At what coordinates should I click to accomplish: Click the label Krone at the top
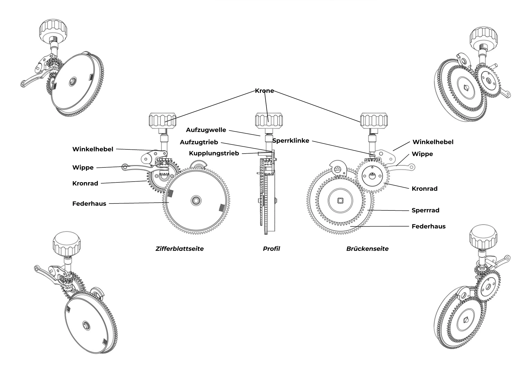point(264,91)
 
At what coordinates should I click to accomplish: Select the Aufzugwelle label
point(206,130)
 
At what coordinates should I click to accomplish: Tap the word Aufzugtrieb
point(199,142)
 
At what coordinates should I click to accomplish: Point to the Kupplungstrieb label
point(214,153)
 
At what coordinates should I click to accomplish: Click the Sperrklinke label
point(291,141)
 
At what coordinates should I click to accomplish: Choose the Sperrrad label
point(425,210)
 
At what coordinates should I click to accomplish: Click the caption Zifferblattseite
point(180,249)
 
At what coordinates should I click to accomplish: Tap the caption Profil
point(271,249)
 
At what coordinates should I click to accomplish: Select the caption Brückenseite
point(367,249)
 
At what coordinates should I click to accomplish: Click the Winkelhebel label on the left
point(93,149)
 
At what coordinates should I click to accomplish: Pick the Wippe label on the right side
point(422,154)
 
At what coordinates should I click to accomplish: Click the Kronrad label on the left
point(85,183)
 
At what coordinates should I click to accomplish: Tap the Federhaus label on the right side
point(429,226)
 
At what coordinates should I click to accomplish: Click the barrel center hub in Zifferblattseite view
point(196,200)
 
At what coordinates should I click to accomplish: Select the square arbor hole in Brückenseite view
point(340,200)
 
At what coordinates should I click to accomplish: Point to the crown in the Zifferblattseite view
point(163,120)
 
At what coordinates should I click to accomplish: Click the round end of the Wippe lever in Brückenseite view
point(412,167)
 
